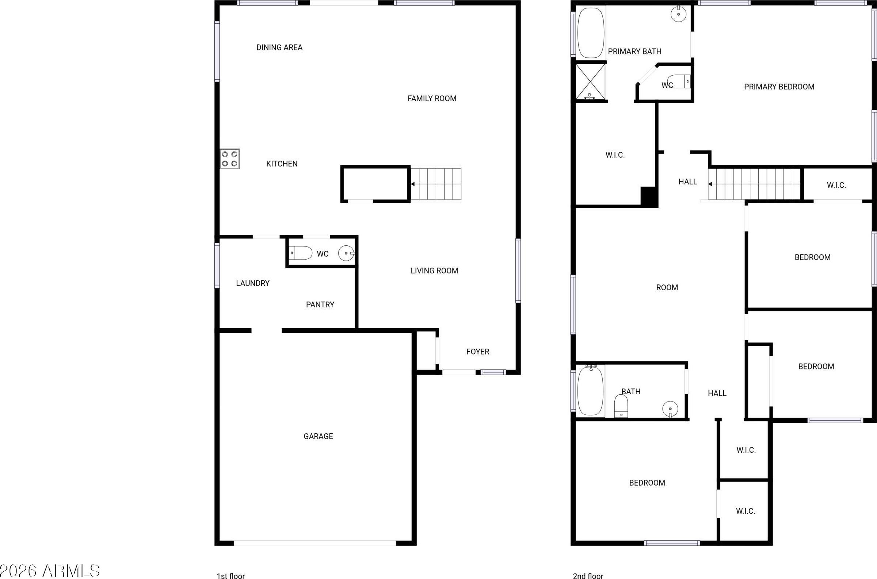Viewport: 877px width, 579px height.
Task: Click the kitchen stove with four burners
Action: point(230,159)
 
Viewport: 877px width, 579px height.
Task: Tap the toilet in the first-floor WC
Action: point(300,253)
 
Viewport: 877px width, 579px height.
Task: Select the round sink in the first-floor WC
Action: point(347,253)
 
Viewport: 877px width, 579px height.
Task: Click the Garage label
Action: point(318,437)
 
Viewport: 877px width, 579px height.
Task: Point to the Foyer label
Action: point(478,352)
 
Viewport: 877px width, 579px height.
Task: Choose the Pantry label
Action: point(320,304)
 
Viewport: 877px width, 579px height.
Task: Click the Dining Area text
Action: point(279,47)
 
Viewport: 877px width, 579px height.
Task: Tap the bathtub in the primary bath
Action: point(591,33)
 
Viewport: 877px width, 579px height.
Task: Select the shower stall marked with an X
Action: point(591,82)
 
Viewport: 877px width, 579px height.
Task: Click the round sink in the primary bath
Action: point(679,14)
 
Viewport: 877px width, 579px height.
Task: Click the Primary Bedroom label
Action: point(779,87)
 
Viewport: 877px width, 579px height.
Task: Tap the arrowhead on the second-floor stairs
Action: point(710,184)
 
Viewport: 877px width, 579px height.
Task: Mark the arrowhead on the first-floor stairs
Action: point(413,184)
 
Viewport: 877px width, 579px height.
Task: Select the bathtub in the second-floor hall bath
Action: point(591,391)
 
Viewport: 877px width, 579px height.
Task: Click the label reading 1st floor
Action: point(230,575)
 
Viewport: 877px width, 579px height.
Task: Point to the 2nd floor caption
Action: point(588,575)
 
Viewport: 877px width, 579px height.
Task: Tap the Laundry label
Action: point(253,283)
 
